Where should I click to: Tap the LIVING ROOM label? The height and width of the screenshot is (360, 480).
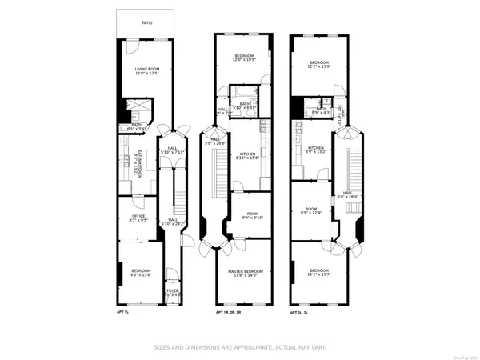[x=146, y=69]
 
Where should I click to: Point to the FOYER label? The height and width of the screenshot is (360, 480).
[x=172, y=291]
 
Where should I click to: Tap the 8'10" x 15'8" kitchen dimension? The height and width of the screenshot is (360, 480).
[x=248, y=158]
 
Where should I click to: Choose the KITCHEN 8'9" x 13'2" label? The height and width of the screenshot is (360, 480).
[x=316, y=150]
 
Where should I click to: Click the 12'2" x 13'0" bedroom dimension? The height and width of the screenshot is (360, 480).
[x=318, y=66]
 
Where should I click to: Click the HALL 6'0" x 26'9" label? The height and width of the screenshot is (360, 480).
[x=347, y=194]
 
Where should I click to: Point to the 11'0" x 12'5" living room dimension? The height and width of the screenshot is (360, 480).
[x=146, y=74]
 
